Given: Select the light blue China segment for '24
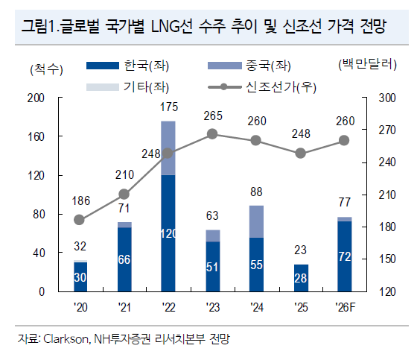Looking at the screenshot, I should pos(256,221).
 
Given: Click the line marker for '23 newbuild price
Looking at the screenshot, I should pos(212,134).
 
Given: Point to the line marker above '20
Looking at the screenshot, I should pos(80,219).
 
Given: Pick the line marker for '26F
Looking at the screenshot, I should pos(344,140).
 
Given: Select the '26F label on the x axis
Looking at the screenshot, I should pos(344,306).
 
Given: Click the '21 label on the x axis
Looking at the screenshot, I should pos(124,306).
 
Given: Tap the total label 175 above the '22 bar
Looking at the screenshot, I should pos(168,108).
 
